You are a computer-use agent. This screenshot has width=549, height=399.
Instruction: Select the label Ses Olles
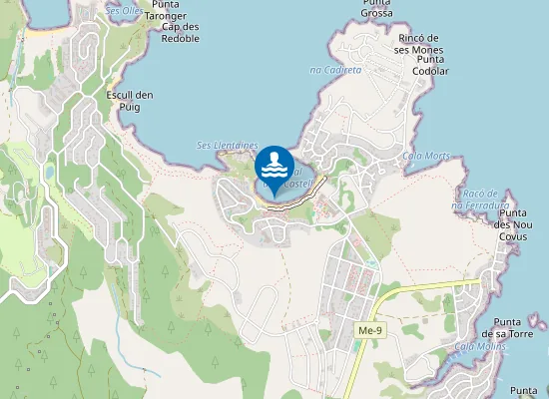[124, 10]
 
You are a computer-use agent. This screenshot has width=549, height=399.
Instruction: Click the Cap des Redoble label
[180, 32]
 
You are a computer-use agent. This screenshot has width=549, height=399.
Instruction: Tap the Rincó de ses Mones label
[418, 44]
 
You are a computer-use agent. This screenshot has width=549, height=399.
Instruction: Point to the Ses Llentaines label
[228, 145]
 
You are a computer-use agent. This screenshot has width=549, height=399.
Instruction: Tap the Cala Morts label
[426, 157]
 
